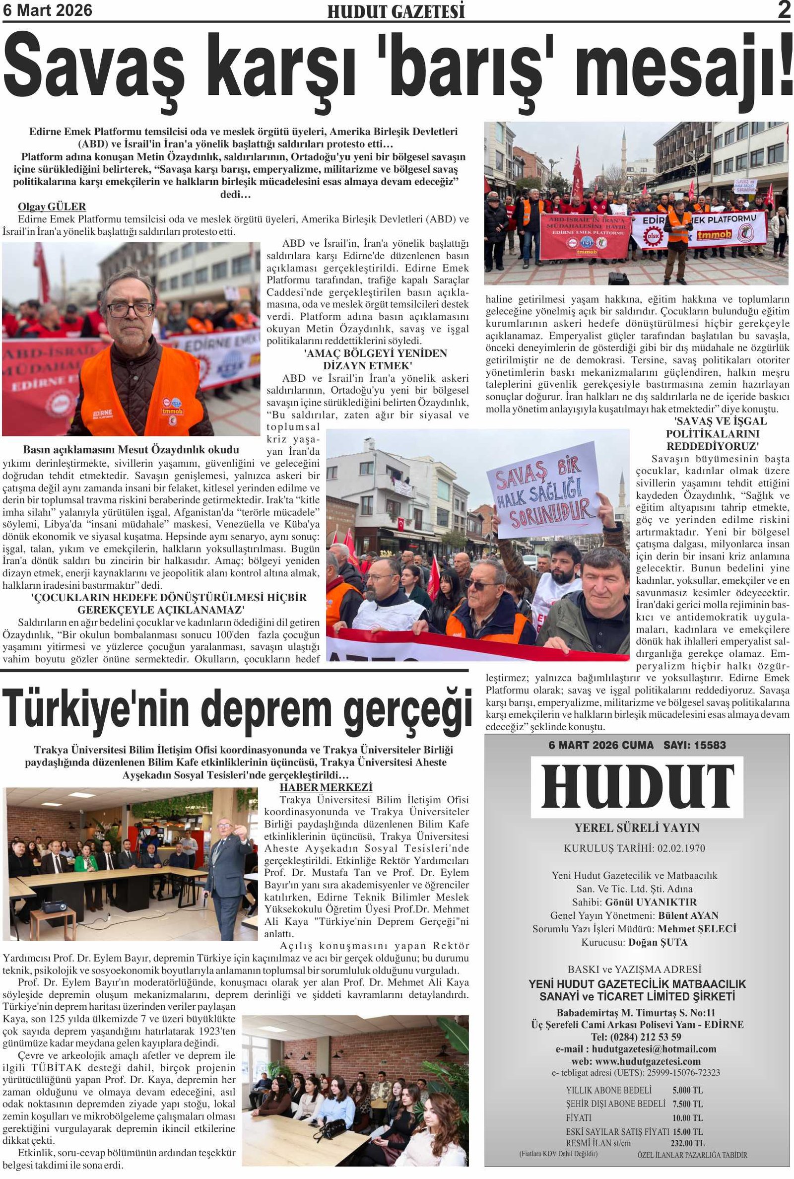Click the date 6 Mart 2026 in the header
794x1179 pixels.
click(x=48, y=10)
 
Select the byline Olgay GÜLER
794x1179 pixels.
click(x=52, y=207)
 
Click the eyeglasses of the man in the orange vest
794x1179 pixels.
click(x=129, y=309)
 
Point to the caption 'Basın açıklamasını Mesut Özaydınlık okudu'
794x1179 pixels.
click(x=131, y=449)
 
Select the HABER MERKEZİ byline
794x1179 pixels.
click(x=326, y=787)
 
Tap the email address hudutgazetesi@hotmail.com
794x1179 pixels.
click(x=654, y=1048)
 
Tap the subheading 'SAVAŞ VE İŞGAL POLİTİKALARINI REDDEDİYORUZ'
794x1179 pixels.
click(x=712, y=433)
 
